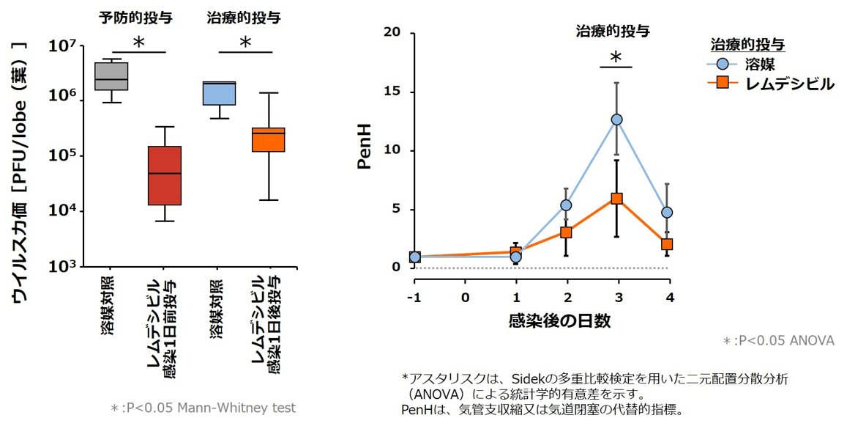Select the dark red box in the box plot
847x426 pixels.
tap(164, 176)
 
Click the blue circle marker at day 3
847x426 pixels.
tap(617, 120)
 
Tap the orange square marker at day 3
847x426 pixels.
tap(617, 199)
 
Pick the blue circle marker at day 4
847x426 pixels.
tap(667, 213)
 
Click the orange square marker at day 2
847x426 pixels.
tap(567, 232)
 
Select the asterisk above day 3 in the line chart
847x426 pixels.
tap(616, 58)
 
